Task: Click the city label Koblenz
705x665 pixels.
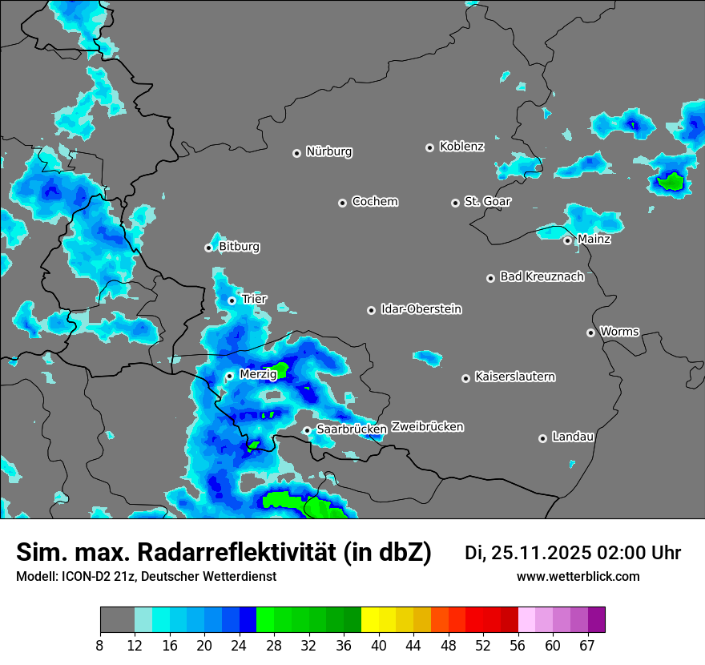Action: (x=461, y=147)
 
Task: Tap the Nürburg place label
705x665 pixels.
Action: (x=328, y=151)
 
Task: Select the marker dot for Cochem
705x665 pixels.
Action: (x=342, y=203)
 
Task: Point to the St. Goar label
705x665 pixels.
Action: (x=487, y=202)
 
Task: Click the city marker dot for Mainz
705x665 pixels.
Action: (x=567, y=240)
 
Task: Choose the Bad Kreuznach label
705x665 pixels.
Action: (x=542, y=277)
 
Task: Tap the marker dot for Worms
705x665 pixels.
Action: (x=590, y=332)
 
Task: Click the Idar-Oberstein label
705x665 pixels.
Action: (x=421, y=309)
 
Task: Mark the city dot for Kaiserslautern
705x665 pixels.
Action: (x=465, y=378)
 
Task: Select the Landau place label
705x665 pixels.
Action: (x=573, y=437)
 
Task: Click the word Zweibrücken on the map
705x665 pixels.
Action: (x=427, y=427)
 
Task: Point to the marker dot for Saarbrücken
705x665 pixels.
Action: (x=307, y=430)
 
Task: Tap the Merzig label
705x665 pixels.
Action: (x=258, y=375)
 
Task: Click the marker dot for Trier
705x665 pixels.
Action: (x=232, y=300)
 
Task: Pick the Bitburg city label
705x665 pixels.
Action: (x=239, y=247)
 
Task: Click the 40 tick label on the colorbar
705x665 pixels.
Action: (x=379, y=645)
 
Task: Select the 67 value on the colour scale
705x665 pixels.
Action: (x=587, y=645)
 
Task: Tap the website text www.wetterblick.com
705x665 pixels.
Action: (x=578, y=577)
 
